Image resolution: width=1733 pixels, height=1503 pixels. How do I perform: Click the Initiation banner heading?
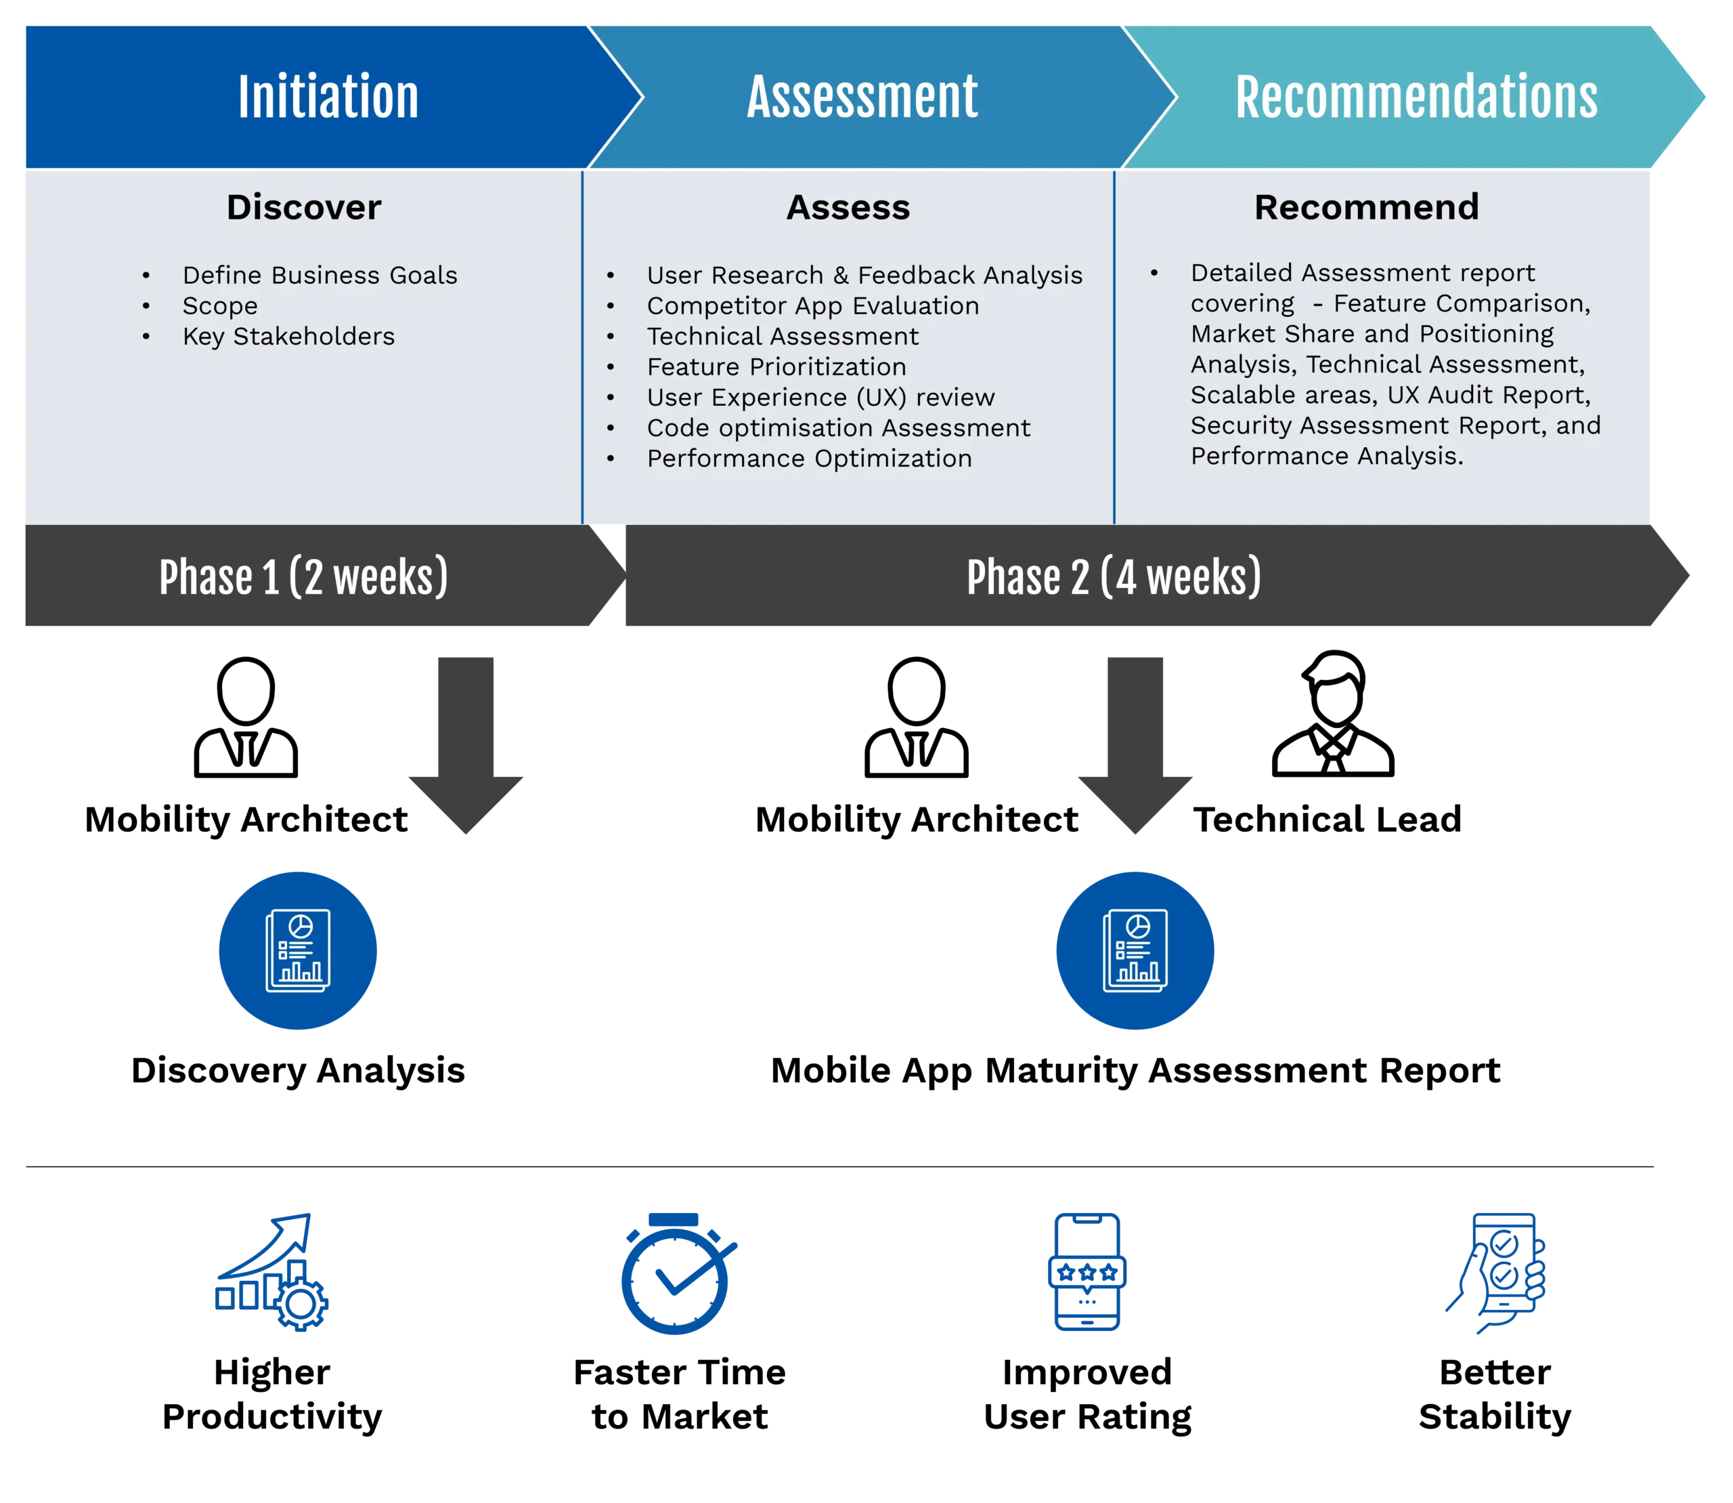click(328, 98)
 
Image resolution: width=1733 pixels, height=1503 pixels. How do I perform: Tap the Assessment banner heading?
click(862, 98)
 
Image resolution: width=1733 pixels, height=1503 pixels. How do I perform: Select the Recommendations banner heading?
click(1416, 98)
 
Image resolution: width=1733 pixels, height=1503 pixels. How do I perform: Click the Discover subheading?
click(303, 207)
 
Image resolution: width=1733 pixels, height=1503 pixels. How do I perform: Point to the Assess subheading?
click(848, 207)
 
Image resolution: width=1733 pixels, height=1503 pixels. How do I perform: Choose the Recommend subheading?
click(1366, 207)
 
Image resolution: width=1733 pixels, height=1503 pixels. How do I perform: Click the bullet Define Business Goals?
click(320, 275)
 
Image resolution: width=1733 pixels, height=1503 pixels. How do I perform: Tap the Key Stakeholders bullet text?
click(288, 337)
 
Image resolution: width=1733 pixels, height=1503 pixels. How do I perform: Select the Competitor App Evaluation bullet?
click(812, 306)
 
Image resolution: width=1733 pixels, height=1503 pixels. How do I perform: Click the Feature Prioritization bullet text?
click(776, 366)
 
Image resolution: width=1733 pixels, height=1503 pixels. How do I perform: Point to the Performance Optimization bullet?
click(809, 459)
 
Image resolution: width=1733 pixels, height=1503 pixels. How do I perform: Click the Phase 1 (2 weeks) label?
click(303, 577)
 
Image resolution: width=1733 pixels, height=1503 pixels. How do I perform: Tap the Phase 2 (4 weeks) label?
click(1114, 577)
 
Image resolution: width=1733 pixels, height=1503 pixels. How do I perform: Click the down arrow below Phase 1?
click(465, 746)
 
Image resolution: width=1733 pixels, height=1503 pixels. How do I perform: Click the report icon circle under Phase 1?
click(298, 950)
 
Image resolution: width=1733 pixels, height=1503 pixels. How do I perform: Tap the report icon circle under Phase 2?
click(1135, 950)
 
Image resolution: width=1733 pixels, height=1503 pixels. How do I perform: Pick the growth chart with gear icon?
click(270, 1270)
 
